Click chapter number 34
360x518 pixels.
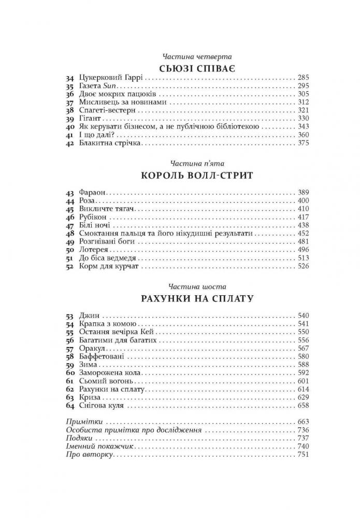(x=70, y=77)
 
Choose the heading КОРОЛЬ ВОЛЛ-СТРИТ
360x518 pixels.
(x=196, y=175)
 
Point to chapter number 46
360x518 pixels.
(x=70, y=217)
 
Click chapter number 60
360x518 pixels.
(x=70, y=373)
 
